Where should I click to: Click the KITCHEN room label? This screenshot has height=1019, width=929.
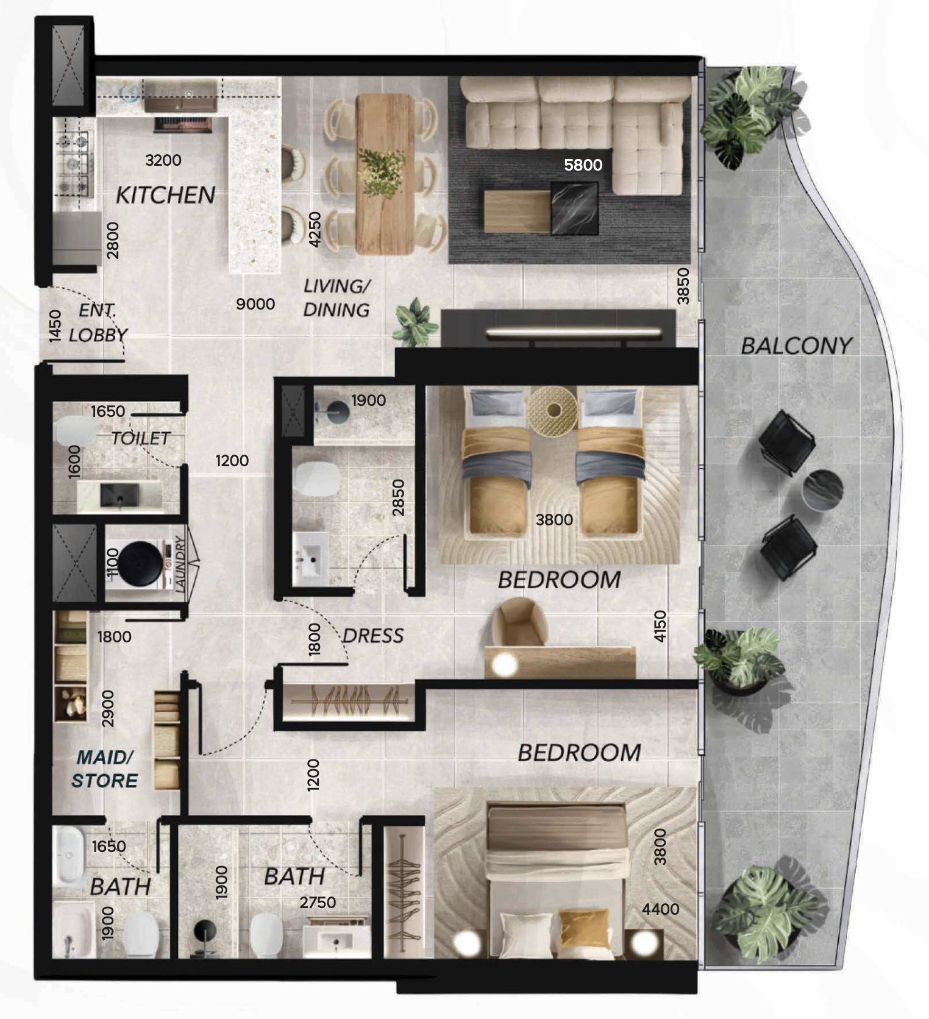(x=165, y=195)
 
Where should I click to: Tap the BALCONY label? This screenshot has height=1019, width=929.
(x=796, y=346)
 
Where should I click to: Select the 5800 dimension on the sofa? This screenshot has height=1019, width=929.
(x=583, y=165)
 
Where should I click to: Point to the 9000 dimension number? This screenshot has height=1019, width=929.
(x=255, y=304)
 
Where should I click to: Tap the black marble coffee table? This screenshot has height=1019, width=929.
(x=574, y=207)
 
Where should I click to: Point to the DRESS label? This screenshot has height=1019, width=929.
(x=373, y=636)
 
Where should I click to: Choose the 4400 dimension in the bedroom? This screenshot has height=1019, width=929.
(x=661, y=909)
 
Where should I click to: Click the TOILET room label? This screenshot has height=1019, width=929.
(x=140, y=438)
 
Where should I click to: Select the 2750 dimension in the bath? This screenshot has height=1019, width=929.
(x=318, y=902)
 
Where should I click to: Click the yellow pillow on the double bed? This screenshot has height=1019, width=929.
(x=583, y=929)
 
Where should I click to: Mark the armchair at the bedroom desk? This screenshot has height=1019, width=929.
(x=521, y=622)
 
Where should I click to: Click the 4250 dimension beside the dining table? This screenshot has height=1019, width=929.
(x=314, y=229)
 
